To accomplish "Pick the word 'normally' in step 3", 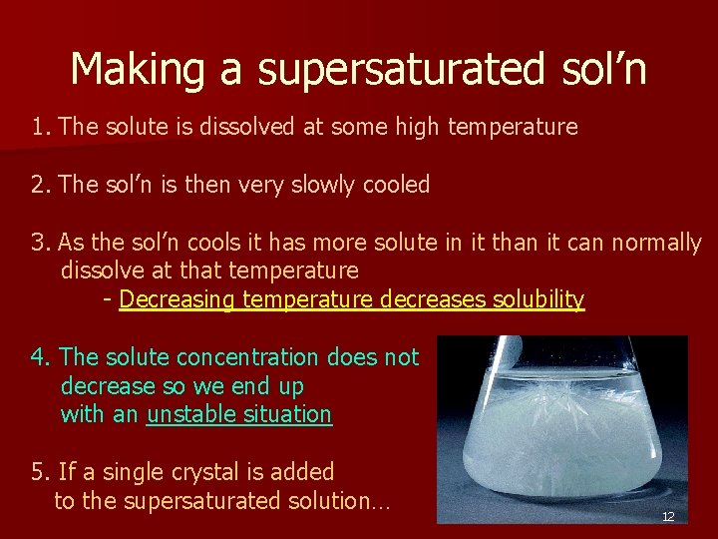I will click(x=659, y=243).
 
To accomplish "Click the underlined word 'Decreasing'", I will click(x=178, y=299).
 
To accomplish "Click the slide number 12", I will click(x=668, y=516).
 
